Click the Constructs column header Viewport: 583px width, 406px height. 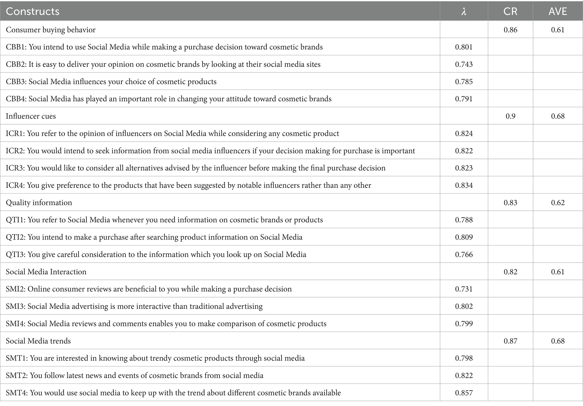(x=33, y=11)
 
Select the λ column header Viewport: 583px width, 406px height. (x=464, y=11)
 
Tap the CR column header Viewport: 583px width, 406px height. (x=510, y=11)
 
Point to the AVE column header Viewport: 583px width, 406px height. (x=558, y=11)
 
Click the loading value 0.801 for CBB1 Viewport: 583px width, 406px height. (x=464, y=47)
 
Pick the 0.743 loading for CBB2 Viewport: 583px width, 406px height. (x=464, y=64)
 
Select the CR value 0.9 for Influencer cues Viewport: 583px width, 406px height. (x=510, y=116)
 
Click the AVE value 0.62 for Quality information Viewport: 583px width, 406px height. (x=558, y=203)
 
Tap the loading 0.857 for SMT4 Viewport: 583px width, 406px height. (x=464, y=393)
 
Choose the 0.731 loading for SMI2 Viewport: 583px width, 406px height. (x=464, y=289)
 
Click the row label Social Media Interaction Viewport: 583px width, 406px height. (x=46, y=272)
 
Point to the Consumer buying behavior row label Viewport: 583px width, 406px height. (x=51, y=30)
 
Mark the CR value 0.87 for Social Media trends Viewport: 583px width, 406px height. (x=510, y=341)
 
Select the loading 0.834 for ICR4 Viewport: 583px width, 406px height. (x=464, y=185)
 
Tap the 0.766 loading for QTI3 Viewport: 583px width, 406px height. (x=464, y=254)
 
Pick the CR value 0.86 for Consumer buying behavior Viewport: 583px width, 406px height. (x=510, y=30)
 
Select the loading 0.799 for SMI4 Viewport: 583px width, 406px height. (x=464, y=323)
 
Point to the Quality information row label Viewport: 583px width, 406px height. (x=39, y=203)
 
